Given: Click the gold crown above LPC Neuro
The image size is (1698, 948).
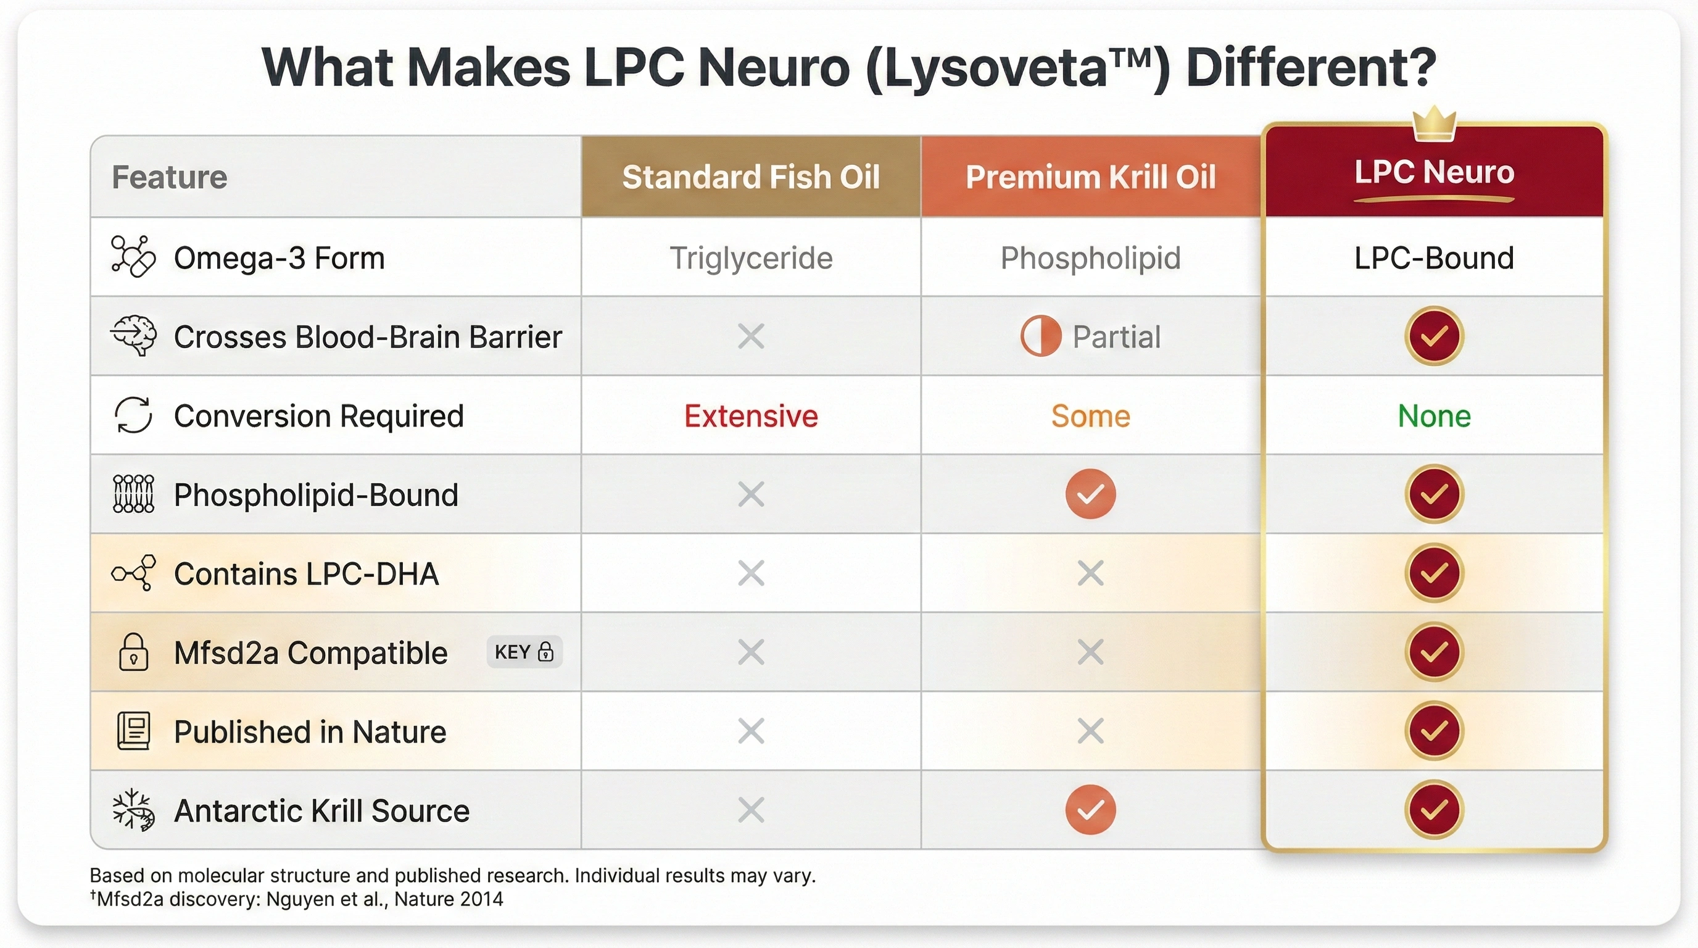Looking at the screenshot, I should pos(1434,124).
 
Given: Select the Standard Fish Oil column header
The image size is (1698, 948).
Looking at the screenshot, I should pos(751,177).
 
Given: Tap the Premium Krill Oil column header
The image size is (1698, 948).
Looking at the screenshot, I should pos(1090,177).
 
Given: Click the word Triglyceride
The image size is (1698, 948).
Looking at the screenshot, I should pos(751,258).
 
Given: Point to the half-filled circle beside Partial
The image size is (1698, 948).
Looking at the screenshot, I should pos(1040,336).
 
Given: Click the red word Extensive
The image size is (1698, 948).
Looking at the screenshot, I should pos(751,416).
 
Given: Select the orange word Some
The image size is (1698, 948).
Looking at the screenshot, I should pos(1090,416).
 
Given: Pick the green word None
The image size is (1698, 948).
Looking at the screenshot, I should pos(1434,416).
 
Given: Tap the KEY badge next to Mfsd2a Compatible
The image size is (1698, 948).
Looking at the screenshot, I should pos(524,652).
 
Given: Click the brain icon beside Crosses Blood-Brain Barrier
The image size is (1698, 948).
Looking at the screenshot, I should pos(133,336).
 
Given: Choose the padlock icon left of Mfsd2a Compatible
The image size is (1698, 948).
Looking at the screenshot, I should pos(133,652).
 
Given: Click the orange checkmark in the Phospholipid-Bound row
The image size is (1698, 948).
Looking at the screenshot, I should pos(1090,494).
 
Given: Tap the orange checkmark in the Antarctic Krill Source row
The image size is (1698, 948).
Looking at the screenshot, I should pos(1090,810).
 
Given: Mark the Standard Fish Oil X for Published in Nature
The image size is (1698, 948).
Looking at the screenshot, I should pos(751,731).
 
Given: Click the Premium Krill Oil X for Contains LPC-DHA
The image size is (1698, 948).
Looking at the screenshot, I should pos(1090,573).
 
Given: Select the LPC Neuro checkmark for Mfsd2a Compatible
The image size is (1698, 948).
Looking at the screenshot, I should pos(1434,652).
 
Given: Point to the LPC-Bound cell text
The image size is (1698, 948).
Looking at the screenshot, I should pos(1434,258).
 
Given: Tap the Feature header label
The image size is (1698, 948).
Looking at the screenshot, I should pos(170,177).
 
